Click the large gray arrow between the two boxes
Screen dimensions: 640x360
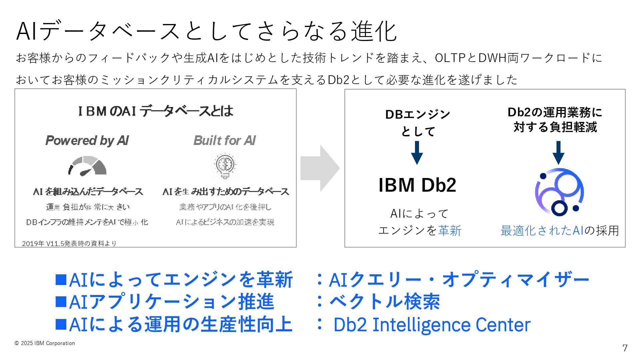click(319, 168)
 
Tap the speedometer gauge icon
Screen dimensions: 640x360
click(87, 166)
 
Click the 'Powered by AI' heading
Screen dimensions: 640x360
click(87, 141)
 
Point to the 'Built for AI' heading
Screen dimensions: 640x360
click(225, 141)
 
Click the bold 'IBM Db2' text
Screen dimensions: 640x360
click(417, 185)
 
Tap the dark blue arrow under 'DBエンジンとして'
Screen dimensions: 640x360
click(417, 153)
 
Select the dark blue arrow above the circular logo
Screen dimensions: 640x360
click(558, 153)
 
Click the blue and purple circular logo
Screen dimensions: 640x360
click(559, 192)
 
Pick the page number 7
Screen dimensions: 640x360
click(625, 348)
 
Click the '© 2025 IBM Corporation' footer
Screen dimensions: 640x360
click(45, 343)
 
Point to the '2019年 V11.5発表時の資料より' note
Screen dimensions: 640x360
click(69, 244)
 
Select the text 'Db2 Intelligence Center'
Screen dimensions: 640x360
click(432, 325)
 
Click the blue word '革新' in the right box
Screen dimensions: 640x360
click(450, 231)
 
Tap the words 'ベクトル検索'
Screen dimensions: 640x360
click(385, 302)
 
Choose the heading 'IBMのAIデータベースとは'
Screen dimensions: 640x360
click(155, 111)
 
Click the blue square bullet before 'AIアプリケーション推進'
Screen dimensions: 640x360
click(61, 301)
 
